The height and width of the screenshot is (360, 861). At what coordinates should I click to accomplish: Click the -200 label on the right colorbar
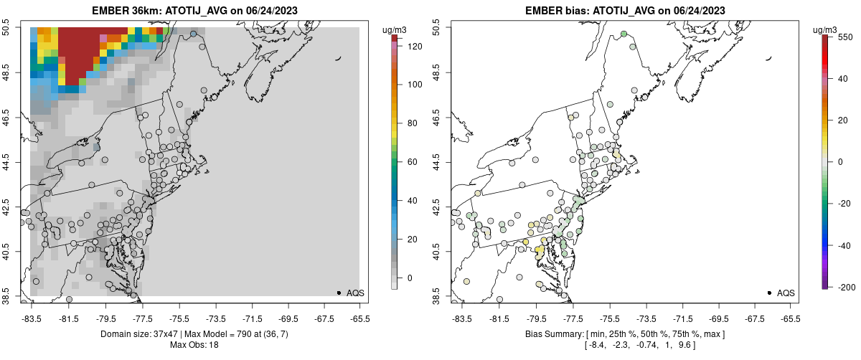tap(845, 287)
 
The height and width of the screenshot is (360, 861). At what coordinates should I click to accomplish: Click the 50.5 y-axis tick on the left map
tap(26, 28)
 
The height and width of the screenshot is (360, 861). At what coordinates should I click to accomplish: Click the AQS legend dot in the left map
tap(338, 293)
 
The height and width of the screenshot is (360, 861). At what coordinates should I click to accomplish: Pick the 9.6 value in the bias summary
tap(687, 345)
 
